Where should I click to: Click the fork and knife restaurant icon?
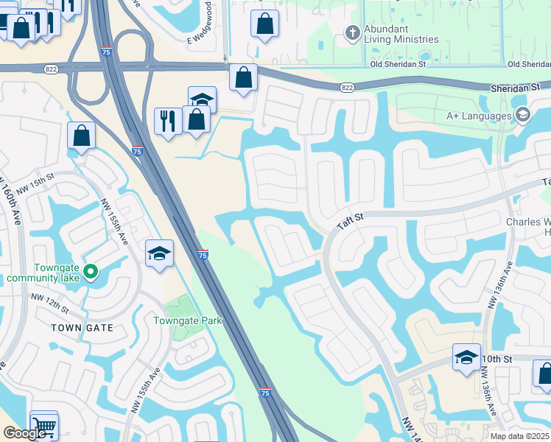click(x=168, y=120)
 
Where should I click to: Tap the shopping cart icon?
click(x=44, y=425)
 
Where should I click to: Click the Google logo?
click(x=24, y=433)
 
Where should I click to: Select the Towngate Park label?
click(x=187, y=320)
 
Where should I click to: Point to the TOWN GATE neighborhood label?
click(x=82, y=327)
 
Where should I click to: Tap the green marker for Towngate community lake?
click(x=91, y=273)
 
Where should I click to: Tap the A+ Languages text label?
click(x=479, y=116)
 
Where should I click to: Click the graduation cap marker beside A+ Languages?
click(x=522, y=114)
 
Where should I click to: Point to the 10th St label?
click(x=496, y=358)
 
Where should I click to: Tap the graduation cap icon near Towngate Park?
click(x=159, y=253)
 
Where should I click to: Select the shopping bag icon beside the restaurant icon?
click(x=196, y=119)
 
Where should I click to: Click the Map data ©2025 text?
click(x=520, y=436)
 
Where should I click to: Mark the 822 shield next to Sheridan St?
click(x=348, y=88)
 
